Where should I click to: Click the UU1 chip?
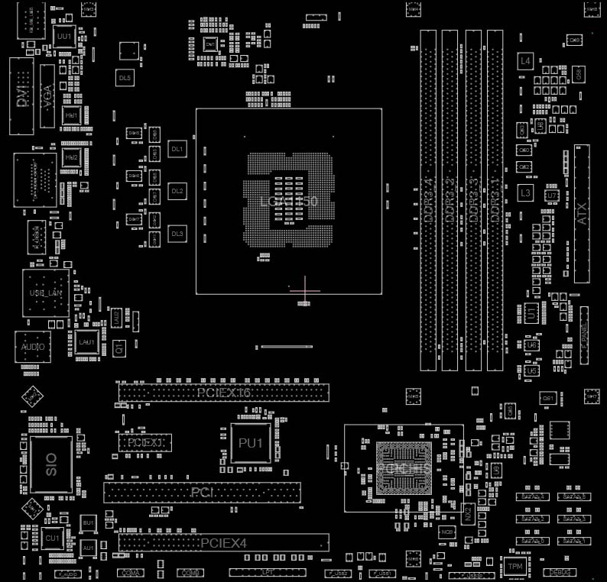pos(63,36)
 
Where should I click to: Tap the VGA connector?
pos(47,95)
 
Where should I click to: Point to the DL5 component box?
pos(125,78)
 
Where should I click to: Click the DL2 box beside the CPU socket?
pos(177,191)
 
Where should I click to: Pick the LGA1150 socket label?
pos(288,202)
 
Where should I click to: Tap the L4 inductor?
pos(524,60)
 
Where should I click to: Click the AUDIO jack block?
pos(34,348)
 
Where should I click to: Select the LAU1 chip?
pos(86,341)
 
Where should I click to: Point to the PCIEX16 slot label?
pos(223,393)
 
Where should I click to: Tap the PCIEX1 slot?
pos(144,442)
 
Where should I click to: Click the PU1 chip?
pos(250,443)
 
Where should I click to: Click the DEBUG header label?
pos(559,572)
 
